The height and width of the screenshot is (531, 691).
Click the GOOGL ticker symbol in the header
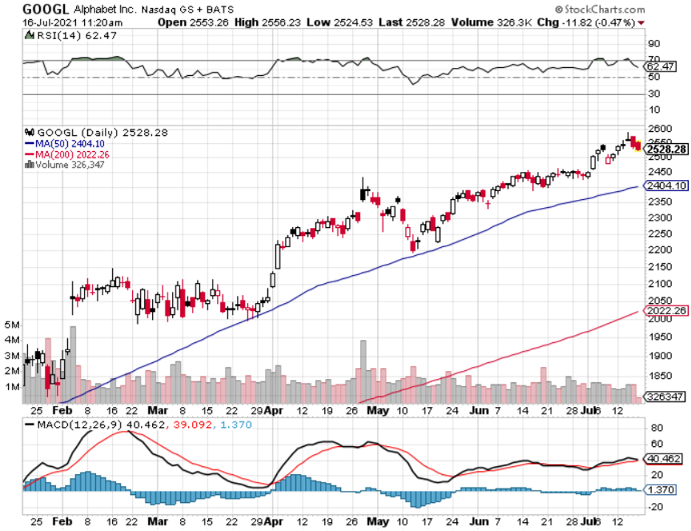click(46, 10)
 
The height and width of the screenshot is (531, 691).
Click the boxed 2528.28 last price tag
click(667, 149)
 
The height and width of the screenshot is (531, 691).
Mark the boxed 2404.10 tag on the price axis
click(667, 186)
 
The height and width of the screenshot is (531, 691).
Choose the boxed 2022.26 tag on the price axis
click(667, 310)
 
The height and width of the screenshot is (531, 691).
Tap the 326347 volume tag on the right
click(664, 396)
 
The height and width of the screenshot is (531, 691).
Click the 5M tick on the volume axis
click(12, 325)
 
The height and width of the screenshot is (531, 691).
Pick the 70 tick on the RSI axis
click(653, 60)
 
